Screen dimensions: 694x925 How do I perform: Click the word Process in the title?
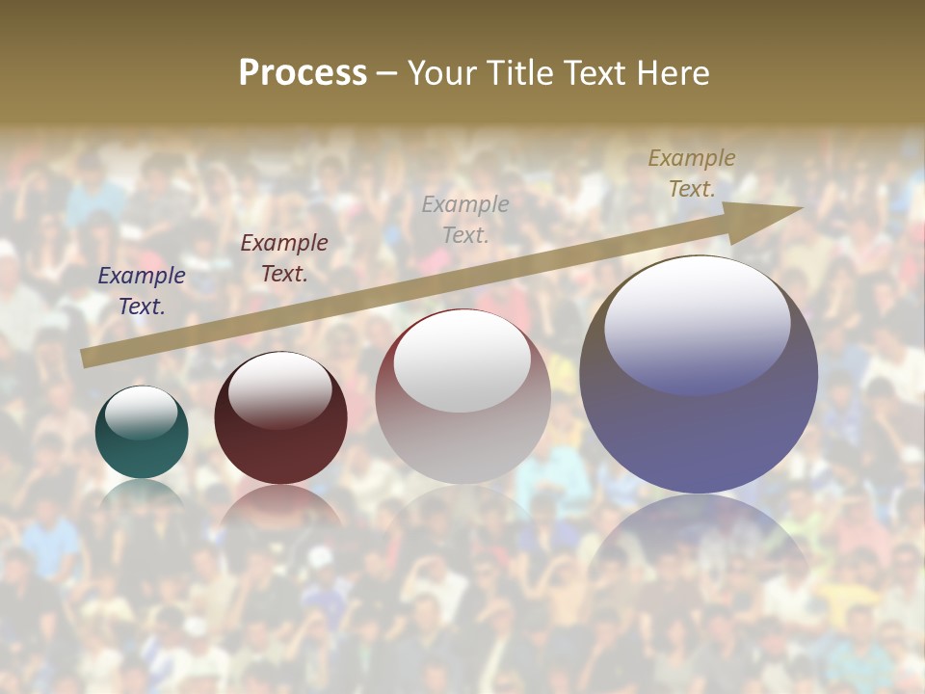point(303,73)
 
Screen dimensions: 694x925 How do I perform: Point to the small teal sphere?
point(142,443)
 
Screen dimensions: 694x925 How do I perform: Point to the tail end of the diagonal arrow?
point(85,359)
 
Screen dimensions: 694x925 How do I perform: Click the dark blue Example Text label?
point(141,290)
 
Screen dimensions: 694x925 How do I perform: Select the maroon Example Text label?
point(283,257)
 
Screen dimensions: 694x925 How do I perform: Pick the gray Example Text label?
point(465,219)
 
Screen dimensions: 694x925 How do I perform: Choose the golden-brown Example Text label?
point(691,173)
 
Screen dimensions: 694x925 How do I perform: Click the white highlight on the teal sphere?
point(141,412)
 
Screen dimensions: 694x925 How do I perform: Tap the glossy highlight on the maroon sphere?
point(279,389)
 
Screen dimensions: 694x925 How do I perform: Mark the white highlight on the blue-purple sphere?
point(697,323)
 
